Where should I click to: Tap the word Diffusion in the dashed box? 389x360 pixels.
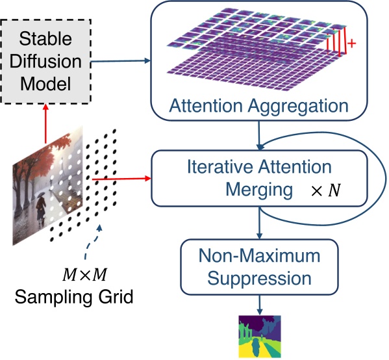coord(46,62)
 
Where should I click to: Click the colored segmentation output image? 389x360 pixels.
coord(259,336)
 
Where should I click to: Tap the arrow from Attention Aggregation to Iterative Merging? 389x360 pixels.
coord(259,136)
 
